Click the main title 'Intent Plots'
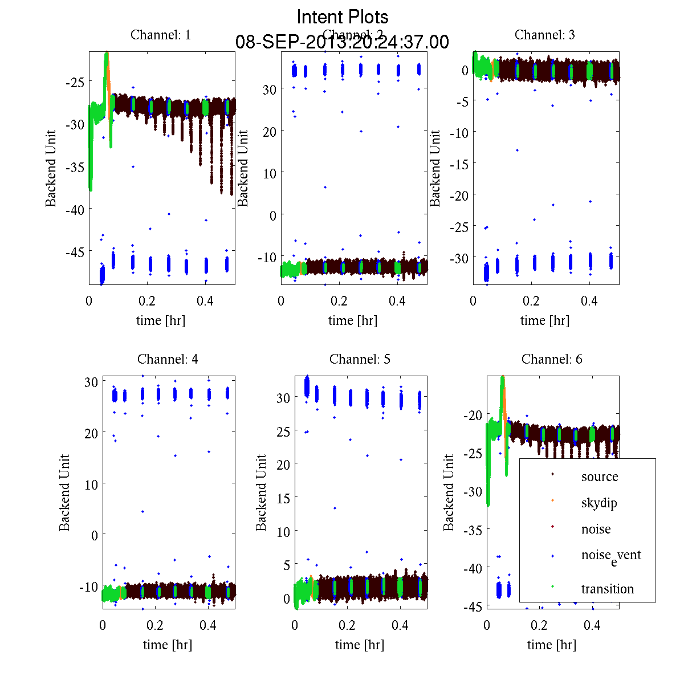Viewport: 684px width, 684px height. pos(343,17)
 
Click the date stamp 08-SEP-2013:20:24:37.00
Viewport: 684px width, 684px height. pos(342,42)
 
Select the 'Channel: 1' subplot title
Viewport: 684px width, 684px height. pos(161,35)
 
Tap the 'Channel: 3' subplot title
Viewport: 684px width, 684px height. pos(545,35)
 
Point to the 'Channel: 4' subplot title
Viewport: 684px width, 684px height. pos(168,359)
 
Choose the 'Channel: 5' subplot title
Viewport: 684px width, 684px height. pos(360,359)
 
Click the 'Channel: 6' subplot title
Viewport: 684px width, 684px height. pos(552,359)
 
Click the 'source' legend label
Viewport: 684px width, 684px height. pos(600,477)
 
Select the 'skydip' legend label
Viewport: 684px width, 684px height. pos(599,503)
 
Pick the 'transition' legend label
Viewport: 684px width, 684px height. pos(608,589)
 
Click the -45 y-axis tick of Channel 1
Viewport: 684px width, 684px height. pos(75,252)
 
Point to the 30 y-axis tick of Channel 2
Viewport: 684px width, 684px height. pos(269,89)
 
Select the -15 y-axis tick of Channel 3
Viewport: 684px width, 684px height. pos(460,164)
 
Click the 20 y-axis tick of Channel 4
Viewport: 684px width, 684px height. pos(91,433)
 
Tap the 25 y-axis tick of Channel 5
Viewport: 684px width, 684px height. pos(283,431)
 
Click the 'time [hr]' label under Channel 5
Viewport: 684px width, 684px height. pos(360,645)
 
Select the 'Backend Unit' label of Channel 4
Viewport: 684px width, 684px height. pos(64,493)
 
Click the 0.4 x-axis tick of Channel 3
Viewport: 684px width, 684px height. pos(589,301)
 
